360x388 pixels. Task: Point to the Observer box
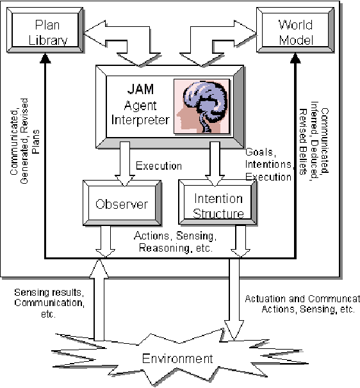tap(122, 204)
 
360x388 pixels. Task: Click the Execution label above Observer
tap(158, 166)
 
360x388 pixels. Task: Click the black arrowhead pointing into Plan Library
tap(44, 59)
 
